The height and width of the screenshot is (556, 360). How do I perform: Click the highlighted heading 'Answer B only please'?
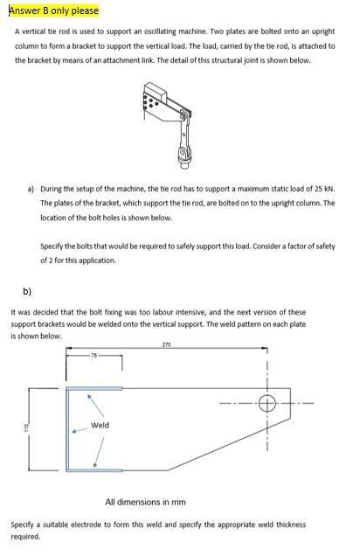tap(52, 10)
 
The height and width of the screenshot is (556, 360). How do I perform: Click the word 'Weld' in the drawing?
tap(100, 425)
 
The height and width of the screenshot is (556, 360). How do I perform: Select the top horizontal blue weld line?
tap(94, 387)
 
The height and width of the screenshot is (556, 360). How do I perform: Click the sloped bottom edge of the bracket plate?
tap(208, 454)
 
